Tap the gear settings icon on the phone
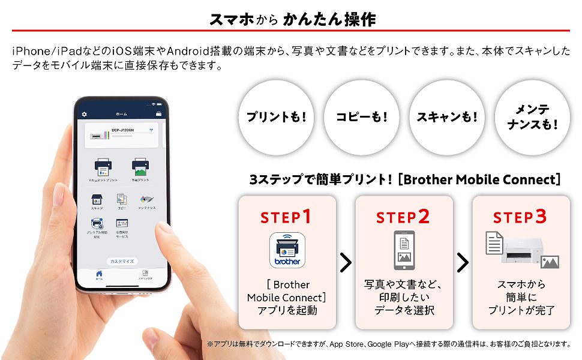(85, 114)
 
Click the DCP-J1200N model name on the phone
(123, 130)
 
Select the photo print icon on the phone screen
(140, 166)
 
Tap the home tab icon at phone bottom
(100, 274)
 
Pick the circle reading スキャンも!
(446, 117)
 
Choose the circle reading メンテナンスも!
(532, 117)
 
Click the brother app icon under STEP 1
(287, 250)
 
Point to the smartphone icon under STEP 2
(404, 250)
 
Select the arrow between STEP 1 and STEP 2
(346, 262)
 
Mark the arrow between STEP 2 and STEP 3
(463, 262)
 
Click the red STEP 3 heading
(520, 217)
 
